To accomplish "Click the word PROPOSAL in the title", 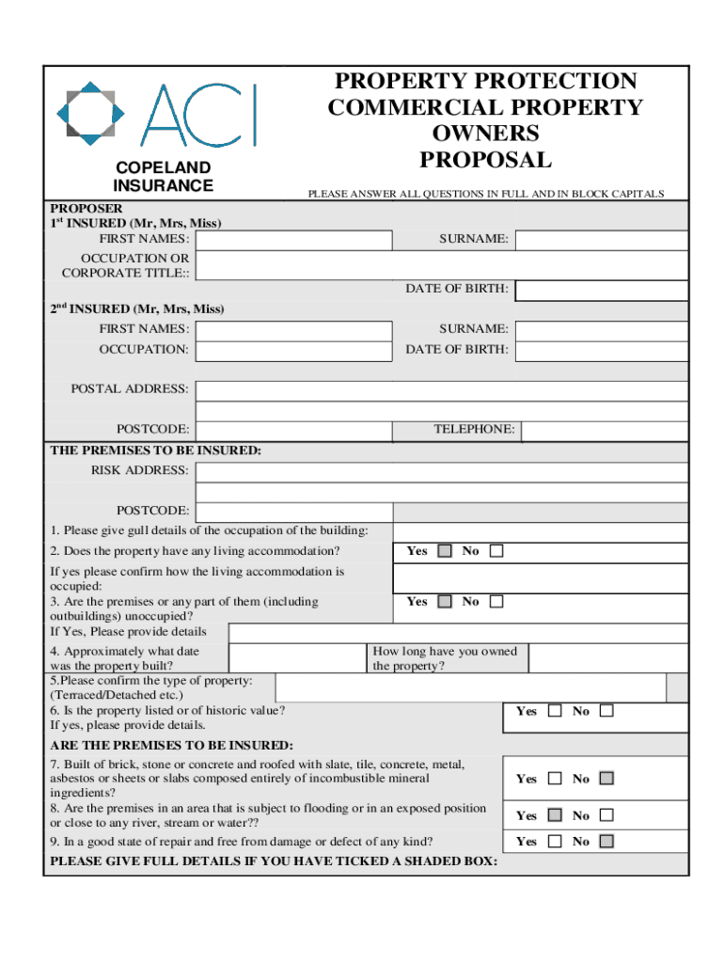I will click(x=485, y=159).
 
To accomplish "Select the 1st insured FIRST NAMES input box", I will click(x=294, y=240).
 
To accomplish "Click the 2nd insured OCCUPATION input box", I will click(x=294, y=351).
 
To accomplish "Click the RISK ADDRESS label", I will click(x=139, y=470).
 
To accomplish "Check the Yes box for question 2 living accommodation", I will click(x=445, y=551).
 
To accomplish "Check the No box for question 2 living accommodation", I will click(x=496, y=551).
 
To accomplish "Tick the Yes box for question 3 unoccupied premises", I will click(x=445, y=602).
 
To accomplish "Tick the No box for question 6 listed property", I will click(x=606, y=711).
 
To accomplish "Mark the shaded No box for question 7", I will click(x=606, y=779).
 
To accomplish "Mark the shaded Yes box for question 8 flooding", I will click(x=555, y=815).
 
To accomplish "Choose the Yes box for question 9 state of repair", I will click(x=555, y=842).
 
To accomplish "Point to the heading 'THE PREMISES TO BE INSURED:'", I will click(x=155, y=450).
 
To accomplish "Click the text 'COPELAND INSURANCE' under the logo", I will click(x=163, y=177).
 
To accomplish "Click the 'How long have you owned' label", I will click(x=445, y=652).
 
